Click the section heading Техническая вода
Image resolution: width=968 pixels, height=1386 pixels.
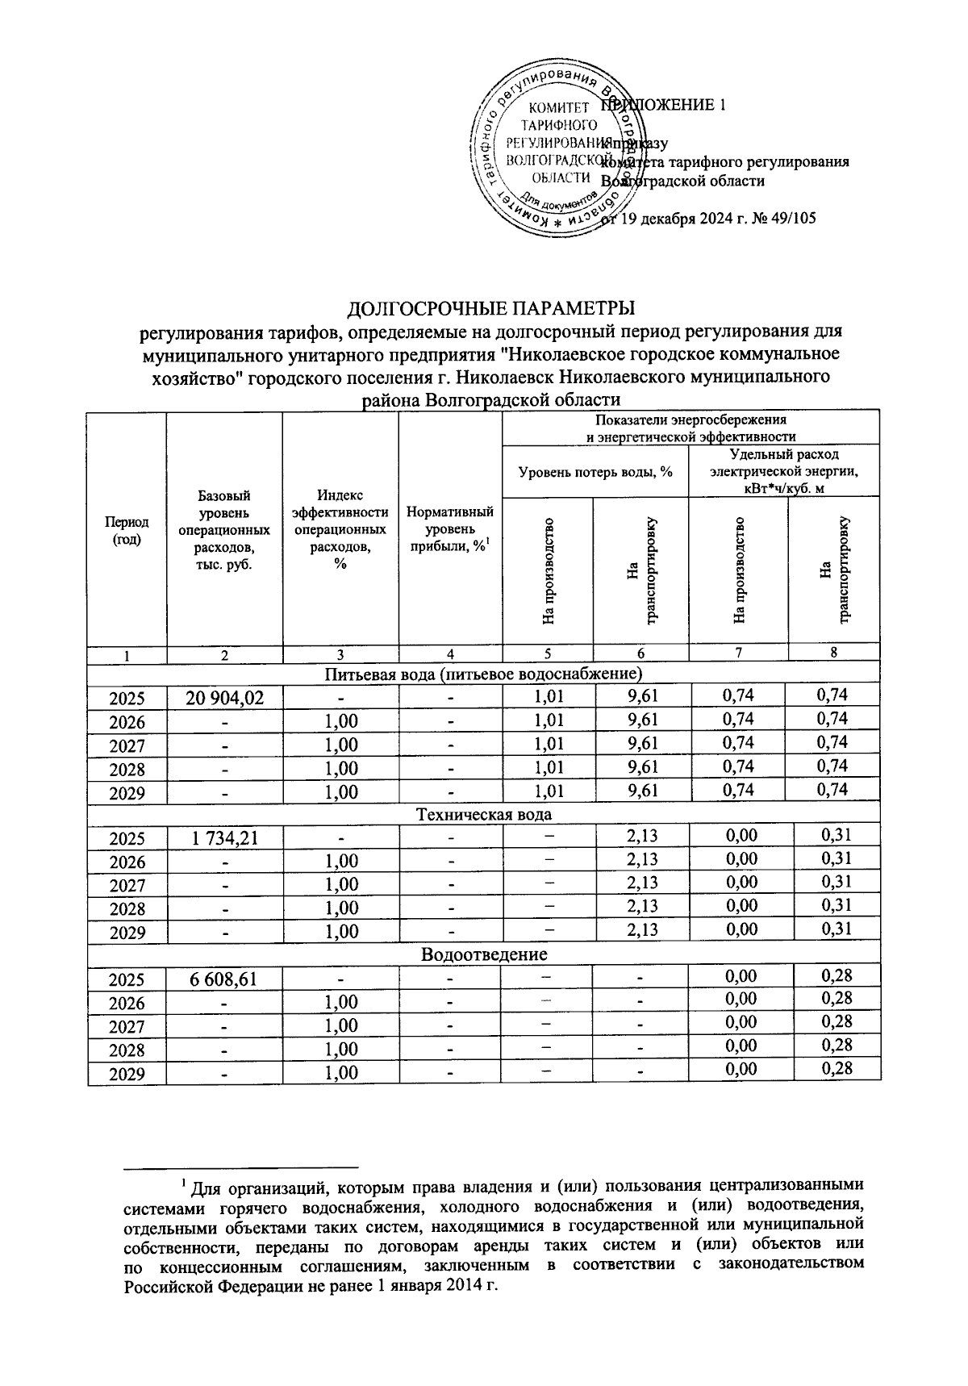[x=483, y=814]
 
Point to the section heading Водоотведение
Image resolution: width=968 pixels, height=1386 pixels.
[x=483, y=955]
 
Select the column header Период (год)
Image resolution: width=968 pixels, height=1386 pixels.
[x=127, y=531]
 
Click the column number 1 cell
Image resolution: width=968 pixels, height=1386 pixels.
[x=127, y=655]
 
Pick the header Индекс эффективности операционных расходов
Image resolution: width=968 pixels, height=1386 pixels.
[x=340, y=529]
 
